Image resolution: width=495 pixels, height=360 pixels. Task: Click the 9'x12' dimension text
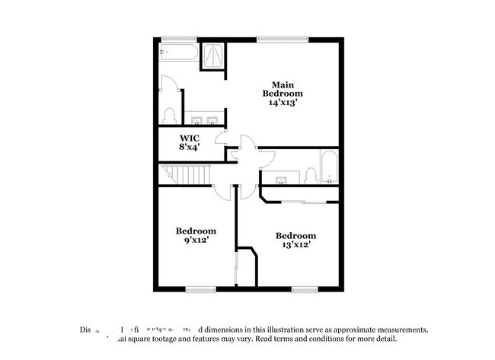pos(196,240)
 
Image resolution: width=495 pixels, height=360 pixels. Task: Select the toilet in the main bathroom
pos(169,116)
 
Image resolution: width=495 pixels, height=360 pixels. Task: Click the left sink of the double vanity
pos(196,120)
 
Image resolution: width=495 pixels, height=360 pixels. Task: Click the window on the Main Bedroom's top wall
pos(282,39)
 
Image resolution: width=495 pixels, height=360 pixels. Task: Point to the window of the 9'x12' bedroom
pos(200,288)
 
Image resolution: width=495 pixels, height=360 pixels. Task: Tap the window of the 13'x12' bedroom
pos(304,288)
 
